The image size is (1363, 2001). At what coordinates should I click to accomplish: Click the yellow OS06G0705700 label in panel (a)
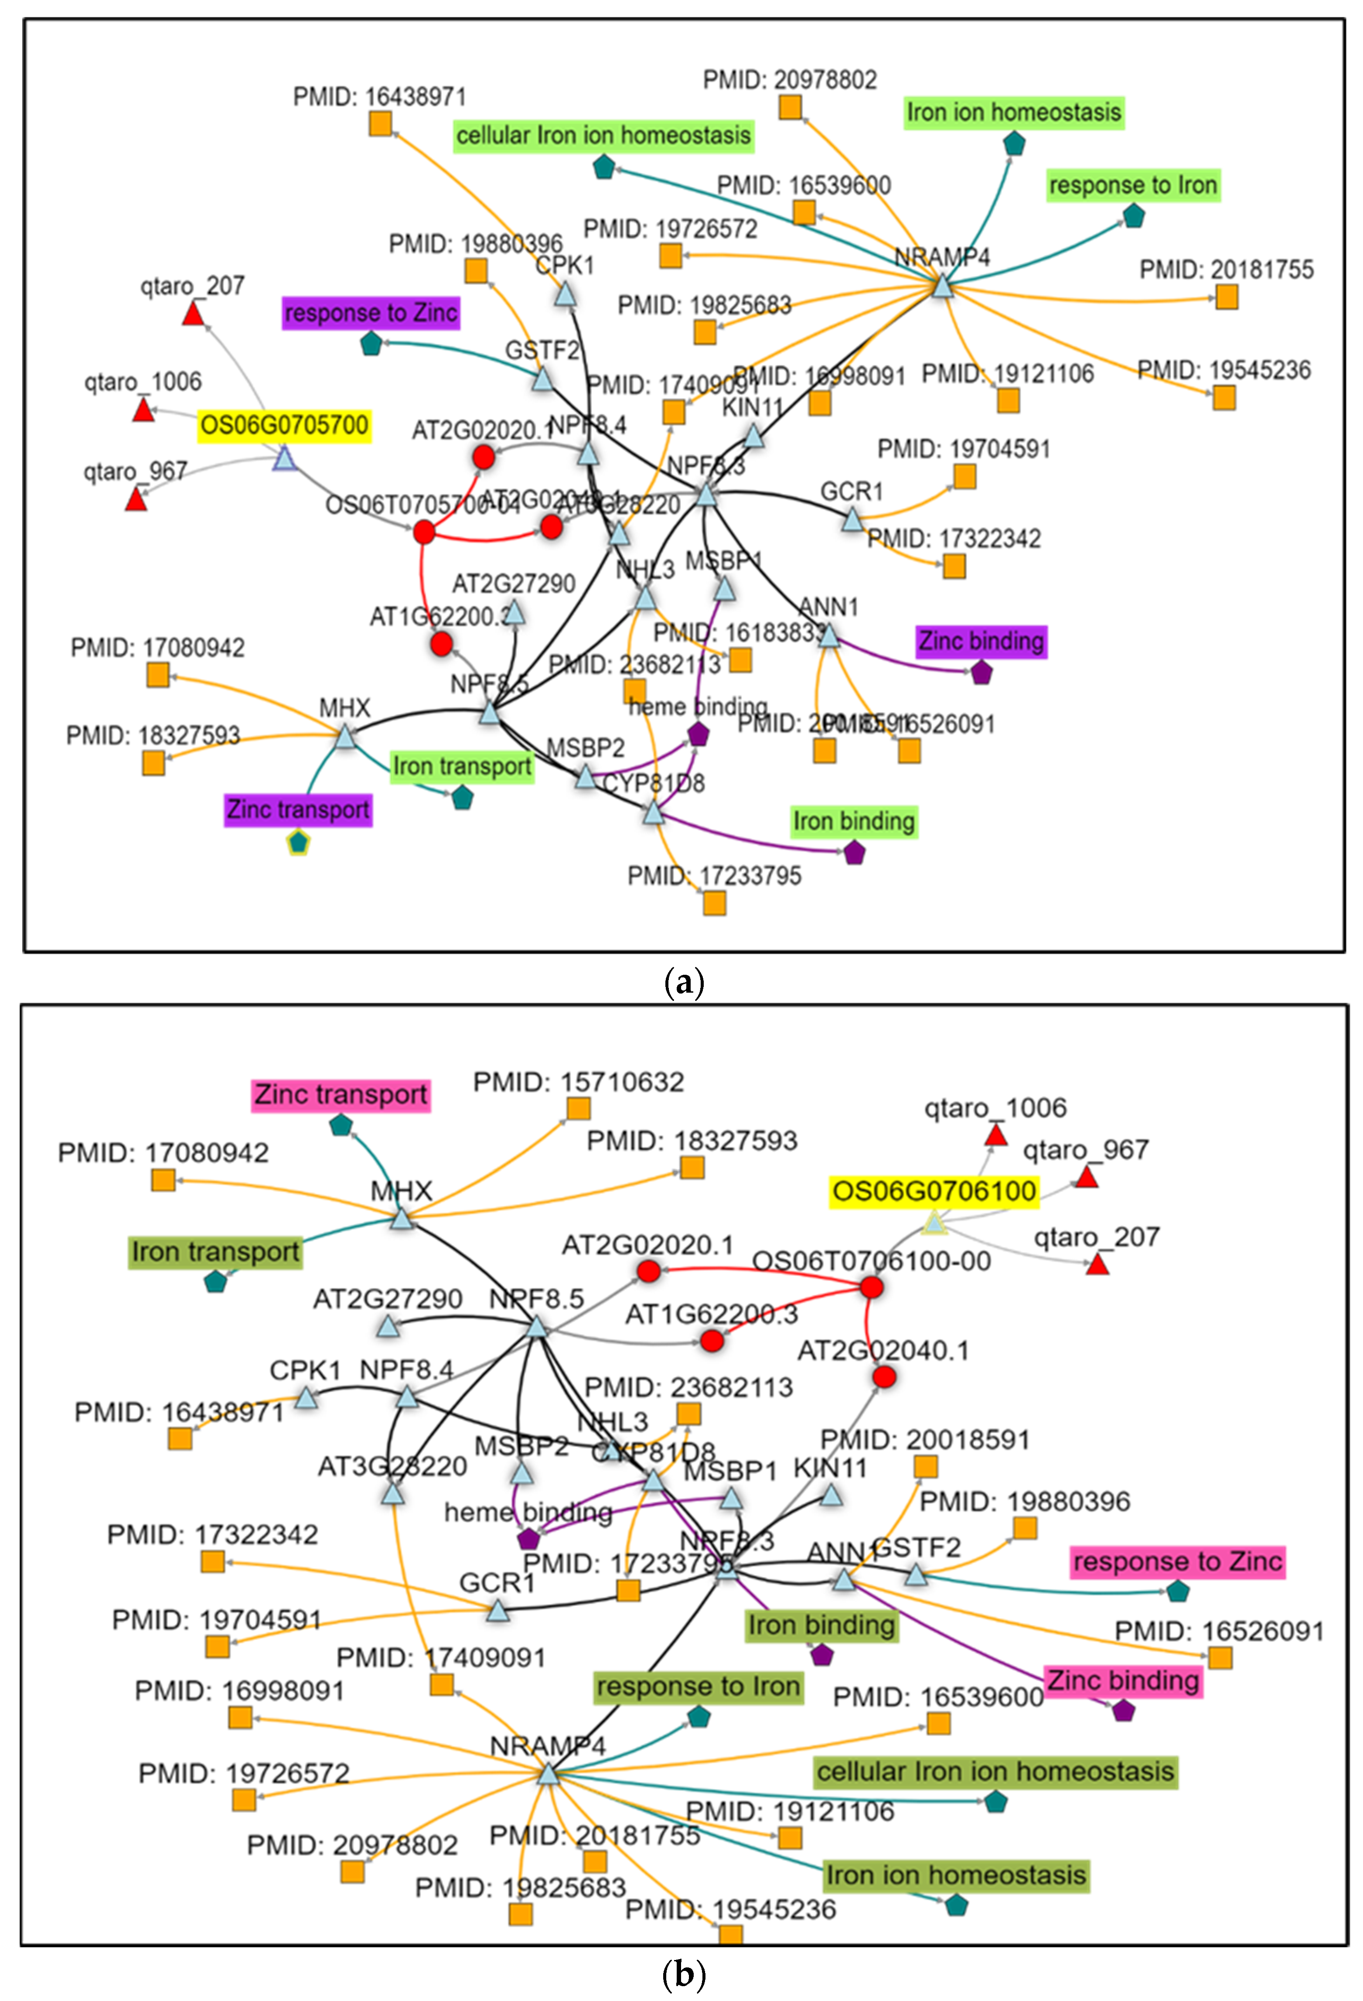(284, 425)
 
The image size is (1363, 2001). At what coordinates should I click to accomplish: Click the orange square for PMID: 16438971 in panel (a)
(381, 124)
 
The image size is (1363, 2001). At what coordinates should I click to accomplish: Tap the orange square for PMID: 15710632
(579, 1108)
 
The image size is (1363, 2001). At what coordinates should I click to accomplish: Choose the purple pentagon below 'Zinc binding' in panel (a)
(981, 673)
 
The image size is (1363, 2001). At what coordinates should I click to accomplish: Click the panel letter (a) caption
(685, 982)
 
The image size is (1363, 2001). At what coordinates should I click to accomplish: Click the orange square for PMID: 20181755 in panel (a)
(1227, 297)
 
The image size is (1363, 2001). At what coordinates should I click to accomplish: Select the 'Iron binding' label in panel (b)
(821, 1625)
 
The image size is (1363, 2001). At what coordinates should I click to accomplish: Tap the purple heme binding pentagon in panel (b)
(528, 1539)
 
